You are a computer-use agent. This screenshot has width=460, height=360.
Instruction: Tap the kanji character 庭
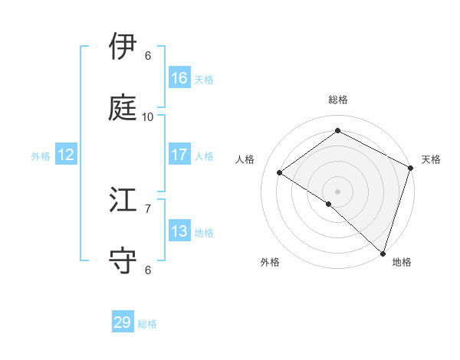click(x=123, y=107)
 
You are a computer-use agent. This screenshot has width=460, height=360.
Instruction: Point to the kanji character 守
click(x=123, y=260)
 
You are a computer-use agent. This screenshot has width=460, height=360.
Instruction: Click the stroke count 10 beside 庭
click(x=148, y=116)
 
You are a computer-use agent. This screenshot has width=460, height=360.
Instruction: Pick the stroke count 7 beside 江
click(x=148, y=208)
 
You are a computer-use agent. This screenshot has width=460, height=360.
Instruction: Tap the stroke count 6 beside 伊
click(x=148, y=55)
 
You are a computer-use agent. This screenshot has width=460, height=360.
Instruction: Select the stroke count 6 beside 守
click(x=148, y=270)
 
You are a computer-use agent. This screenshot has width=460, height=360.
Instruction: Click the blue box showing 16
click(x=179, y=78)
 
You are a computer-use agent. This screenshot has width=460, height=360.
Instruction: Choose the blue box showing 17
click(x=179, y=155)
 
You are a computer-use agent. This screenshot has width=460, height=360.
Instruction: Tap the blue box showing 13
click(x=179, y=231)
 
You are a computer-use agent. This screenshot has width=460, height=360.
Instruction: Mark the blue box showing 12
click(x=65, y=155)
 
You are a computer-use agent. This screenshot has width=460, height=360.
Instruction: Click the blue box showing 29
click(x=123, y=322)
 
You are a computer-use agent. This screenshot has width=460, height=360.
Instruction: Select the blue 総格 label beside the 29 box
click(x=147, y=324)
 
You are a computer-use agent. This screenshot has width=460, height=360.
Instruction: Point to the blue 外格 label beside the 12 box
click(x=41, y=156)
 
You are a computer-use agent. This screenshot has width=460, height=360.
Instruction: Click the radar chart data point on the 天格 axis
click(x=410, y=169)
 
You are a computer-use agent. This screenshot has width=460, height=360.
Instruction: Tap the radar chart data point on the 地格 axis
click(x=383, y=253)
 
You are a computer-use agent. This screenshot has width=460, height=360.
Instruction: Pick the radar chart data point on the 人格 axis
click(x=280, y=173)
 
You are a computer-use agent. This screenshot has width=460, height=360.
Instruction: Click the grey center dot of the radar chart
click(x=337, y=190)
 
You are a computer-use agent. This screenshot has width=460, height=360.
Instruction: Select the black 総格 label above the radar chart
click(x=338, y=100)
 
